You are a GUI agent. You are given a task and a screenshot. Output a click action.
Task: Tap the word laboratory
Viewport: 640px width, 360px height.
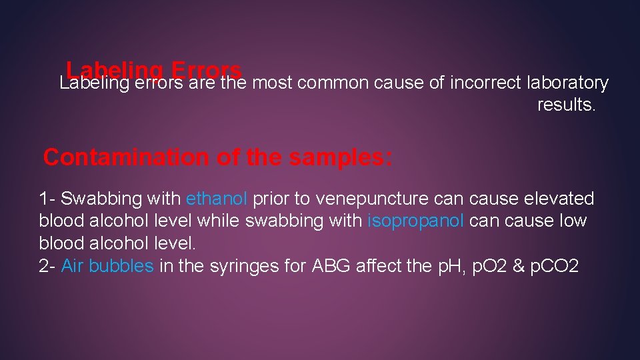pos(567,83)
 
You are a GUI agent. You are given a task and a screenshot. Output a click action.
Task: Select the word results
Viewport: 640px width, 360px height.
pos(566,105)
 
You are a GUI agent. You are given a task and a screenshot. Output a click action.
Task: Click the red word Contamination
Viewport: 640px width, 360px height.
pos(126,157)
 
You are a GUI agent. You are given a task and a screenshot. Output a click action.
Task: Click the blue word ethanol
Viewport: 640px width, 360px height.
pos(217,199)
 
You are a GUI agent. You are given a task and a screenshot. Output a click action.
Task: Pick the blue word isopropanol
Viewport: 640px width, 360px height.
pos(415,221)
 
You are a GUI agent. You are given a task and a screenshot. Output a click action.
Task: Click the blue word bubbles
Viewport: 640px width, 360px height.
pos(121,265)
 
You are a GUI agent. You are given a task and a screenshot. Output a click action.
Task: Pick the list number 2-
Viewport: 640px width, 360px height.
pos(47,265)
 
